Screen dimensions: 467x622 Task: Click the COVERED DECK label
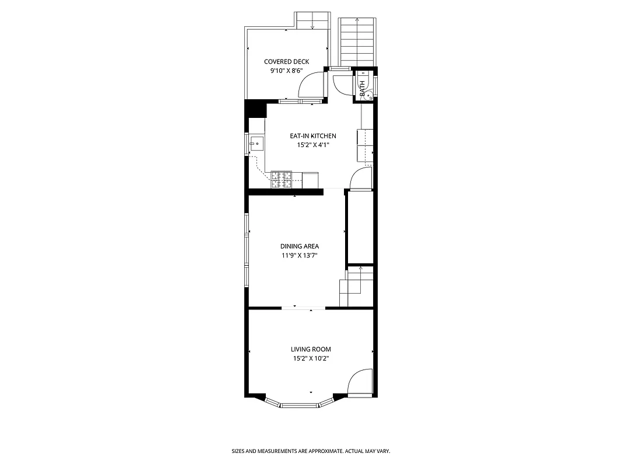coord(286,61)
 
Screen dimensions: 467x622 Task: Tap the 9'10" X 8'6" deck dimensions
coord(286,71)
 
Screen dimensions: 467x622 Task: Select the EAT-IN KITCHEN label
coord(313,136)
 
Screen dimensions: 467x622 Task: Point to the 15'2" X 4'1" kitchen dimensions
coord(313,145)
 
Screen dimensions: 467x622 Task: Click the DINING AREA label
coord(299,246)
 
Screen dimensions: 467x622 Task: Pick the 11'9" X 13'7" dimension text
coord(299,255)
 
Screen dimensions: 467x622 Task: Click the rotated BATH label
coord(363,89)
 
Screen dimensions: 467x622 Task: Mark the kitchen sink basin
coord(256,143)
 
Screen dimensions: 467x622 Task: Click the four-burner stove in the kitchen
coord(281,180)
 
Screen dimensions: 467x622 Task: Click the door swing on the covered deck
coord(311,86)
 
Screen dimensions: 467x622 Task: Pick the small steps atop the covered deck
coord(312,20)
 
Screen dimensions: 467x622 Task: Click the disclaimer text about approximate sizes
coord(311,451)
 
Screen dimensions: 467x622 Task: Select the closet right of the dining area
coord(360,227)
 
